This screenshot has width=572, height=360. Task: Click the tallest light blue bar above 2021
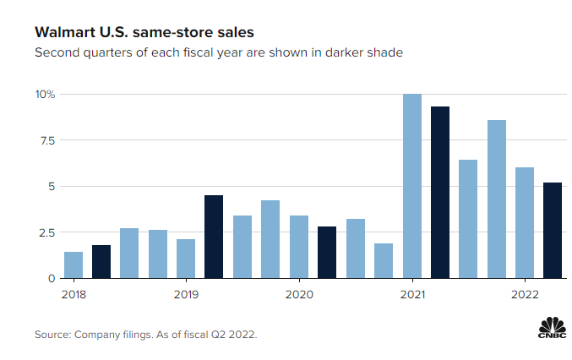click(x=411, y=186)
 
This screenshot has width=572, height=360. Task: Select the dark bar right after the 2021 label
click(x=439, y=193)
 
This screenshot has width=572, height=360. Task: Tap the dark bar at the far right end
click(x=553, y=231)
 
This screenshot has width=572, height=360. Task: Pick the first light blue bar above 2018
click(x=74, y=265)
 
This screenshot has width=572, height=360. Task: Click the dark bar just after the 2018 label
click(x=101, y=262)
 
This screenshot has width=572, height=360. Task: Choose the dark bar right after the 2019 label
click(x=214, y=237)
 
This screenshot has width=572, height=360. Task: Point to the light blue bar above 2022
click(x=525, y=223)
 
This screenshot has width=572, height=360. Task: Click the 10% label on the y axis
click(x=45, y=95)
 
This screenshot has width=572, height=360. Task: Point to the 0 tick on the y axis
click(x=52, y=278)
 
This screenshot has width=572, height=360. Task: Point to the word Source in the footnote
click(x=54, y=335)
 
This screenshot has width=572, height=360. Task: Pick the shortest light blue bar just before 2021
click(x=384, y=261)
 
